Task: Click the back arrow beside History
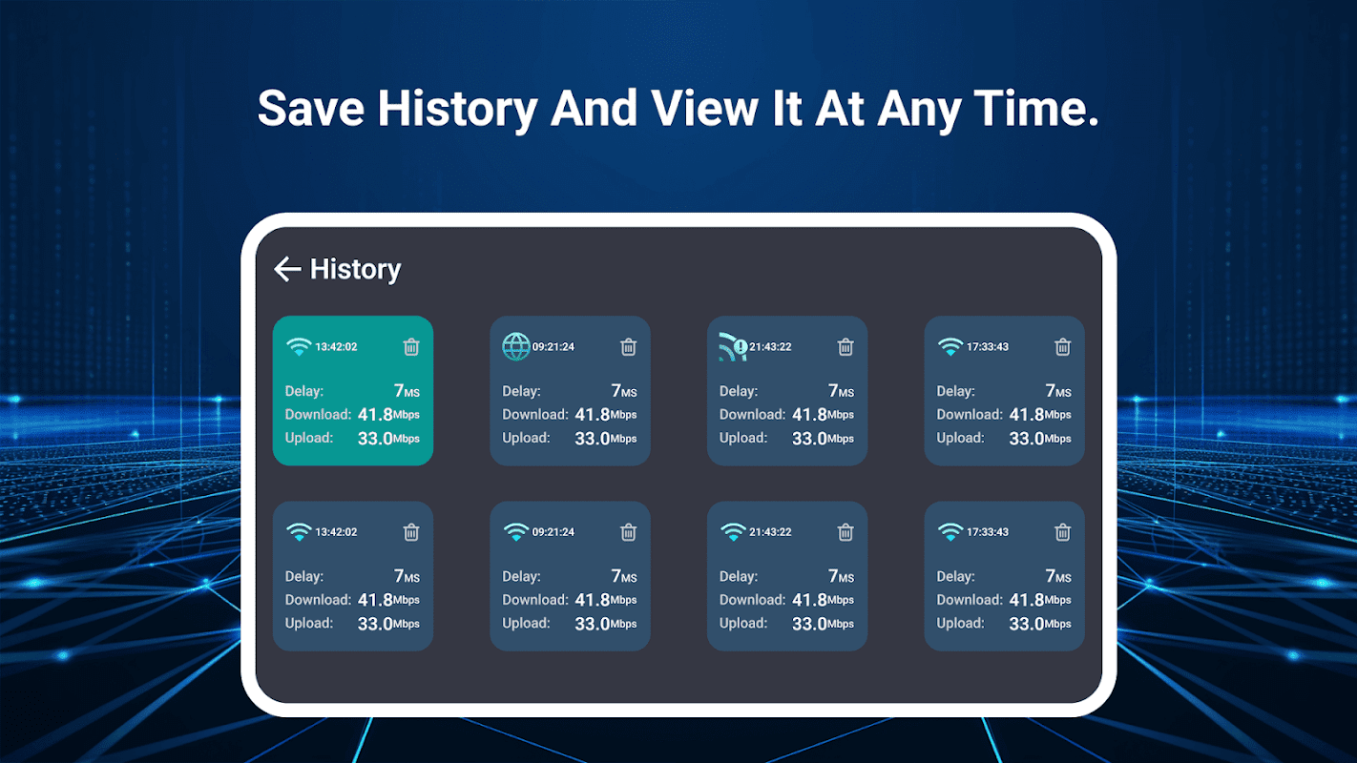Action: click(287, 269)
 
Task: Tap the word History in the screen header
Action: click(356, 270)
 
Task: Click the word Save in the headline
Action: click(311, 109)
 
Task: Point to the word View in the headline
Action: click(704, 109)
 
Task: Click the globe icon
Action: click(516, 346)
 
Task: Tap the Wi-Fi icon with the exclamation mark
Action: click(733, 346)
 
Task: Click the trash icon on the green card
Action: click(411, 347)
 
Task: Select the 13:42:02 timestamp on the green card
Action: click(336, 347)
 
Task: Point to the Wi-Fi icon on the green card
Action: click(299, 347)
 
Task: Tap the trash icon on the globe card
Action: click(628, 347)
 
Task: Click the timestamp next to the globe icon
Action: click(553, 347)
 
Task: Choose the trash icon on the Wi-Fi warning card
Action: click(846, 347)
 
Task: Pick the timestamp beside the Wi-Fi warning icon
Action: click(770, 347)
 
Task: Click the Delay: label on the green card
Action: click(304, 391)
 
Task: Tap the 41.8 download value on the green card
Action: click(375, 415)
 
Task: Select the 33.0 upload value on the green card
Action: click(375, 439)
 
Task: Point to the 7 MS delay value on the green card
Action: click(407, 391)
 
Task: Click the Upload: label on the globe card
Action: click(526, 438)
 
